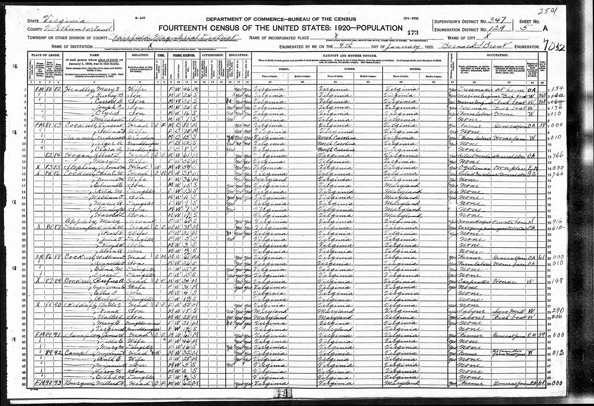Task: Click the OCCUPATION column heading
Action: click(497, 55)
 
